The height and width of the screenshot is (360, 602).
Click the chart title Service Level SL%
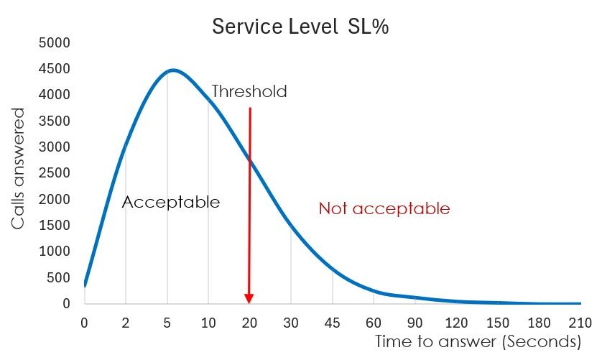[300, 27]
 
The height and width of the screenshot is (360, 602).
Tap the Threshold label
[249, 91]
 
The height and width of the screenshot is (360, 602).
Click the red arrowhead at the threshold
[249, 298]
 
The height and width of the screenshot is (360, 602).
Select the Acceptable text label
[171, 202]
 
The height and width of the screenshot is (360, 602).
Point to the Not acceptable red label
[384, 208]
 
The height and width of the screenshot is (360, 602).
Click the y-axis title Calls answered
[19, 169]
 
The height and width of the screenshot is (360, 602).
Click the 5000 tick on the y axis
[55, 42]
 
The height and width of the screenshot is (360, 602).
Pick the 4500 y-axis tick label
[55, 68]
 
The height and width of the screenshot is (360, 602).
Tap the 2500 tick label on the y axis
[55, 173]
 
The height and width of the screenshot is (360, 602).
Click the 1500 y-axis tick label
[55, 225]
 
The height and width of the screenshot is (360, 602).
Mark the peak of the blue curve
[172, 70]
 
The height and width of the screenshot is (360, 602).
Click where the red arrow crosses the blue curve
[250, 162]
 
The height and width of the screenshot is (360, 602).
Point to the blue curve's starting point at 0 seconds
[85, 285]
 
